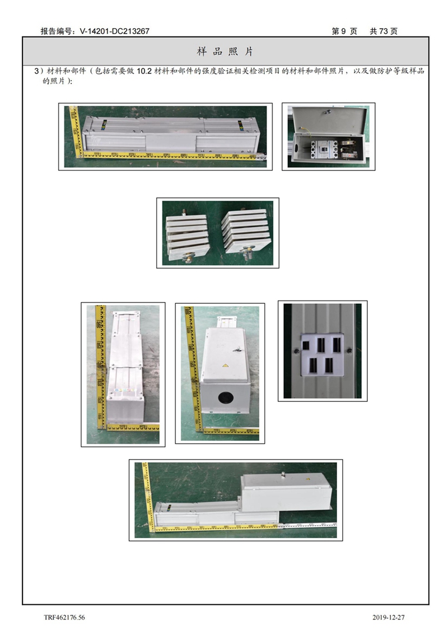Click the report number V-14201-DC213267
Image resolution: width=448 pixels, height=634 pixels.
(x=115, y=31)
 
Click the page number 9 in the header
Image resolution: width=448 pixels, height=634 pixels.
(x=344, y=31)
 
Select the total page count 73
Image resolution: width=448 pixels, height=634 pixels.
(x=384, y=31)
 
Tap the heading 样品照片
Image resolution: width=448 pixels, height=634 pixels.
(x=225, y=52)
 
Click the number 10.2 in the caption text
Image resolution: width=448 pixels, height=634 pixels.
(x=144, y=71)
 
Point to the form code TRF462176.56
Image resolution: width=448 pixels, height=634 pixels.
(x=64, y=617)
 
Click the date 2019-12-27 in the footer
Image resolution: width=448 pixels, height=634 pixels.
(x=388, y=617)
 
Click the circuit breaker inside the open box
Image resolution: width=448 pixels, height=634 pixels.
(x=324, y=150)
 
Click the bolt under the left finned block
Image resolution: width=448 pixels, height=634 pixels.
(x=188, y=257)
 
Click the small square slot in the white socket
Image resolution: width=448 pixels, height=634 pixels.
(x=306, y=346)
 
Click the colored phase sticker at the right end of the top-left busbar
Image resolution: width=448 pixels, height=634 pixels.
(x=241, y=126)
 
